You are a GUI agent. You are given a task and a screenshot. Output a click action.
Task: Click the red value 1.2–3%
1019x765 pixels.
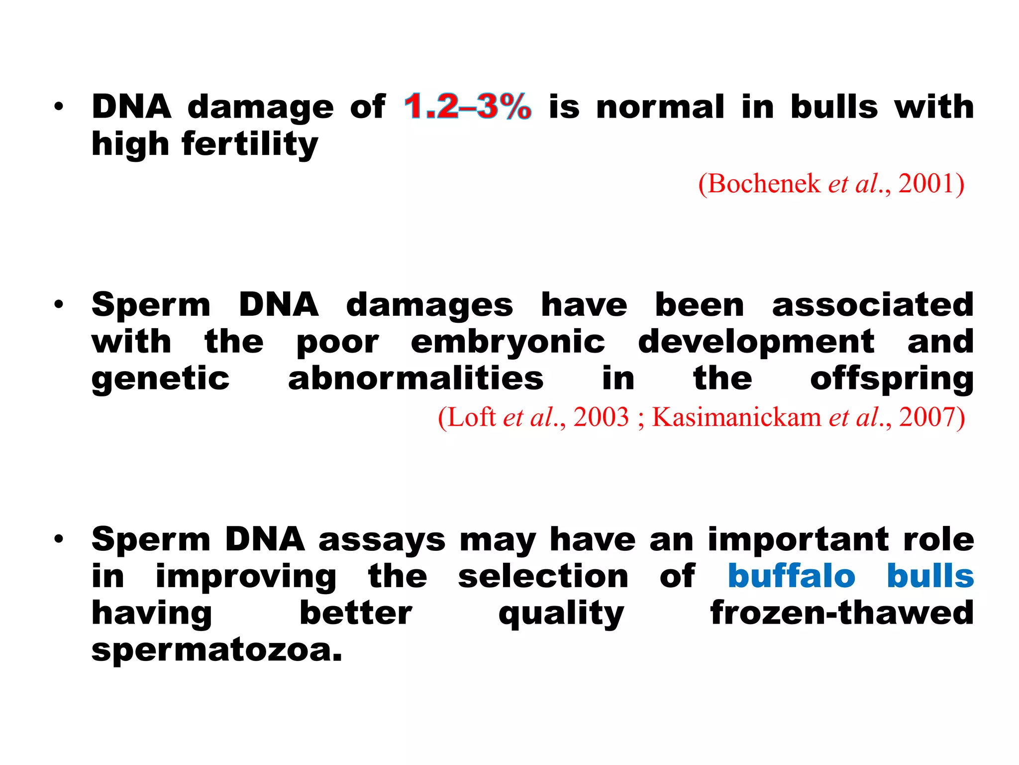click(467, 107)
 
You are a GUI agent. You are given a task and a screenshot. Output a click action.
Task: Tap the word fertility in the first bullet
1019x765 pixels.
click(250, 144)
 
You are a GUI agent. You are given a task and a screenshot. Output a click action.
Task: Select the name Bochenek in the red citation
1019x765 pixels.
click(764, 184)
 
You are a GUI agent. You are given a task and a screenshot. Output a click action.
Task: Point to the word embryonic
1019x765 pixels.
click(508, 343)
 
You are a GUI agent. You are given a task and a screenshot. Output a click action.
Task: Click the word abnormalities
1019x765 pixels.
click(416, 379)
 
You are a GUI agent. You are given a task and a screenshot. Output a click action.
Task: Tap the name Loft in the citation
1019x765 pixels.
click(471, 417)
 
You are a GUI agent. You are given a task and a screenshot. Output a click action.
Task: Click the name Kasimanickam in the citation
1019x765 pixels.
click(736, 417)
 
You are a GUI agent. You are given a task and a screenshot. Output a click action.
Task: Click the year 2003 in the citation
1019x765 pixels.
click(601, 417)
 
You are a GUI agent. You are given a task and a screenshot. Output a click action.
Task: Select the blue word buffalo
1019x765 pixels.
click(791, 576)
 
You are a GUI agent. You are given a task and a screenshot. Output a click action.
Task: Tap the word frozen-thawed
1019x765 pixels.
click(842, 613)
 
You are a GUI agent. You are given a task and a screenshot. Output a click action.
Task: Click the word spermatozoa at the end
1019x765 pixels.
click(217, 650)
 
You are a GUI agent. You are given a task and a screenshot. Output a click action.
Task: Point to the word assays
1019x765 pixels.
click(382, 540)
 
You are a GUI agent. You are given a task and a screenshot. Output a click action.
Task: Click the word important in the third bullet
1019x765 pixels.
click(799, 540)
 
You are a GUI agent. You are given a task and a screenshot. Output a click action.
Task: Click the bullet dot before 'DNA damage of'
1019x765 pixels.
click(59, 107)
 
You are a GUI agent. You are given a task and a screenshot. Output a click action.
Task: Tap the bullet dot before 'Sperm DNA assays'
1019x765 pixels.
click(59, 539)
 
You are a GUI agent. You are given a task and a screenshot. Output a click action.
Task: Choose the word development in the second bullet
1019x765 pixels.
click(756, 343)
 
